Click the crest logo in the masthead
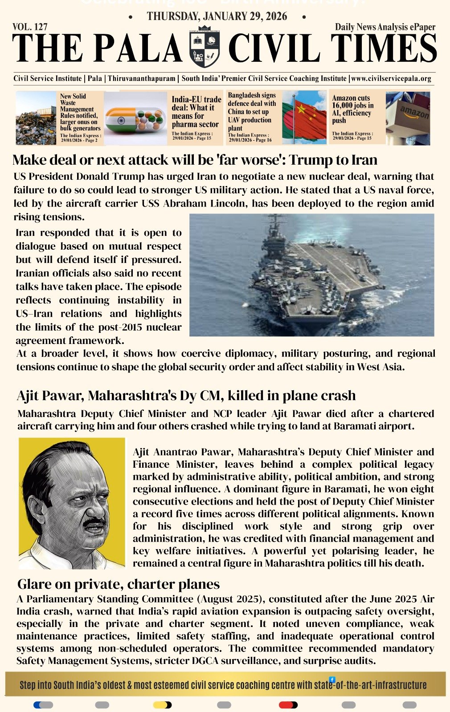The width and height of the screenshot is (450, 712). click(205, 47)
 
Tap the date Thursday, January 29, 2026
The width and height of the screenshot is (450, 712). click(217, 17)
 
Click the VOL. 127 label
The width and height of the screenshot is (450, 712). click(30, 27)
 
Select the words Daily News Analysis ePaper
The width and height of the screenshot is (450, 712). click(385, 27)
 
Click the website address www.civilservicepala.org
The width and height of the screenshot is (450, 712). click(391, 79)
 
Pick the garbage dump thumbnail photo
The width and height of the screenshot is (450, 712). click(36, 118)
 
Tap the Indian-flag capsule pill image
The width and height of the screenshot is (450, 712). click(135, 118)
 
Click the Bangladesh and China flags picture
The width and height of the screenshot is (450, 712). click(304, 117)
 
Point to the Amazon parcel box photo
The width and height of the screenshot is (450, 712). click(408, 118)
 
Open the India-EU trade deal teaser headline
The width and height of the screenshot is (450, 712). click(196, 112)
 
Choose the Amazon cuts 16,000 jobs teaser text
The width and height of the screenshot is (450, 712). click(352, 109)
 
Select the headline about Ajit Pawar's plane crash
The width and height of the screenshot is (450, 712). click(186, 395)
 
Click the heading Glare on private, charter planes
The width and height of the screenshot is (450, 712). click(119, 584)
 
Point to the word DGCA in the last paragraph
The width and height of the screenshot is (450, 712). click(205, 661)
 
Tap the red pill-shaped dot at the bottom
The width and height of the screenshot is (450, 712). click(288, 705)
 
